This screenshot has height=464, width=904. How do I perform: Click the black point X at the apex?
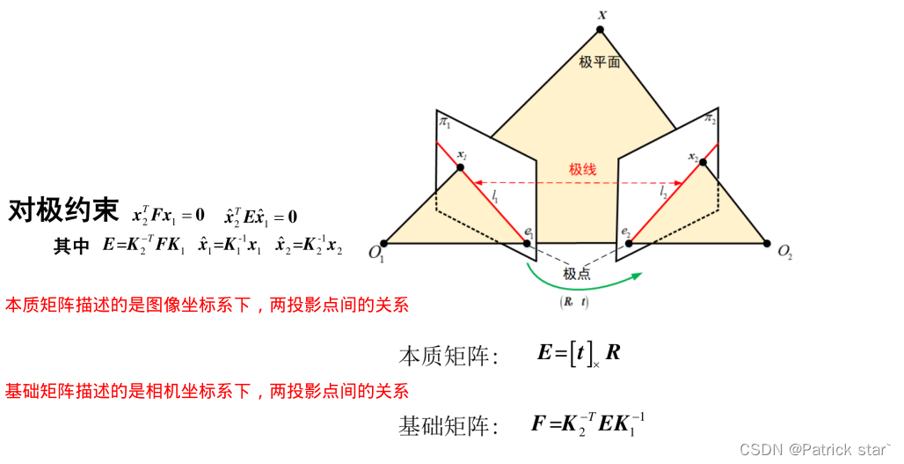601,30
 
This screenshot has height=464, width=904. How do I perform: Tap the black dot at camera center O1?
383,243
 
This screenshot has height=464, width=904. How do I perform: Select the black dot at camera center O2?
767,243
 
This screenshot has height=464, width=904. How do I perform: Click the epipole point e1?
528,242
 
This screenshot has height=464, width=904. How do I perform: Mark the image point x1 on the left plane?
460,167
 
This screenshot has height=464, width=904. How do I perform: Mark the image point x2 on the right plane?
701,168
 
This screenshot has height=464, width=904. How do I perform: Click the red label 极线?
582,169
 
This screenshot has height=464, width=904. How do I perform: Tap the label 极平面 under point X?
601,63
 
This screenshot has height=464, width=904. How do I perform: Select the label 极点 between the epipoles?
578,274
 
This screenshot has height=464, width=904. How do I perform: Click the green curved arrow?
580,284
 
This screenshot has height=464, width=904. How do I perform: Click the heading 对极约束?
62,210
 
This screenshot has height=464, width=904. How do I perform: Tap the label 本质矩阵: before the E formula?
448,356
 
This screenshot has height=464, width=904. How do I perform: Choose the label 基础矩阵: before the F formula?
448,427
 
